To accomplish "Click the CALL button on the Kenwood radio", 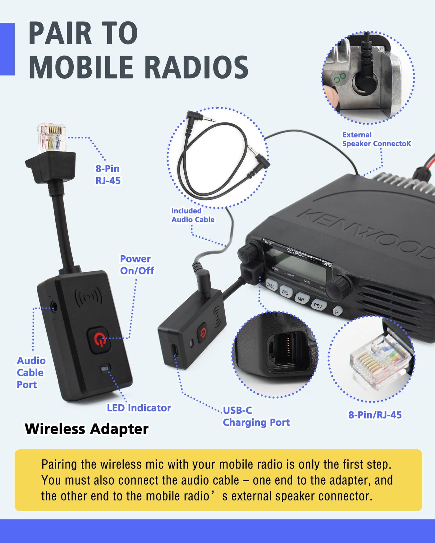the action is coord(271,285).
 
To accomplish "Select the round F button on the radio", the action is coord(337,311).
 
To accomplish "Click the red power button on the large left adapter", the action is coord(99,340).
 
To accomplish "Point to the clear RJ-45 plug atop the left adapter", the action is coord(52,138).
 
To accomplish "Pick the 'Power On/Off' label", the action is coord(137,265).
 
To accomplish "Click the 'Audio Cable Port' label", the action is coord(31,372).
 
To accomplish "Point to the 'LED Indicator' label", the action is coord(139,408).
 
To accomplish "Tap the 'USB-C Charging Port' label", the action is coord(256,416).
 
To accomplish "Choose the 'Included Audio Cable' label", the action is coord(193,215).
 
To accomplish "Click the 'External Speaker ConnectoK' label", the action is coord(377,139).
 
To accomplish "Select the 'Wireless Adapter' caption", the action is coord(87,429).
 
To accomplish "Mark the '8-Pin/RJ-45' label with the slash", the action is coord(375,415).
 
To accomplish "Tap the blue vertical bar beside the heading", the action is coord(7,49).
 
